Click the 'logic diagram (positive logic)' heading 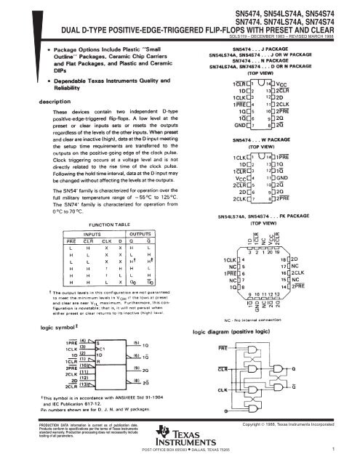click(x=231, y=330)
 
